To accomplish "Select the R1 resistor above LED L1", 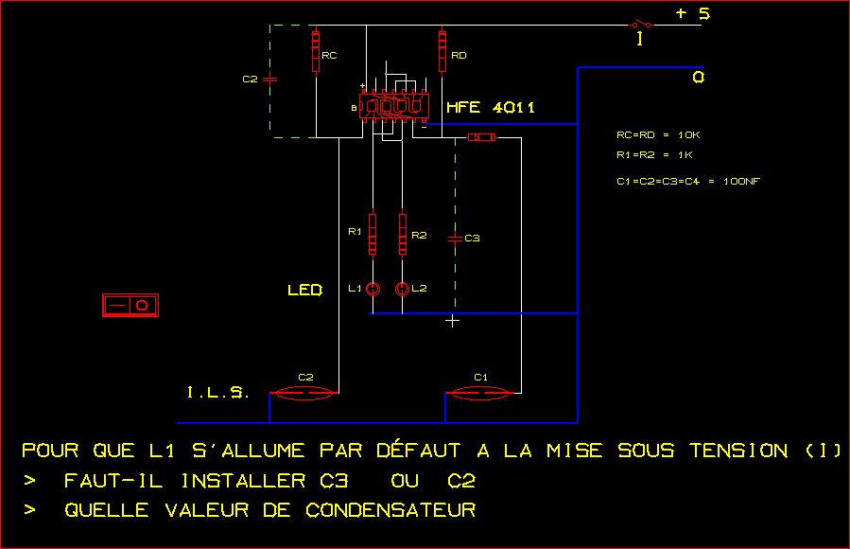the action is point(373,234).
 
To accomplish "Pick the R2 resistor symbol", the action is point(404,234).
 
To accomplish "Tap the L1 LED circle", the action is point(373,289).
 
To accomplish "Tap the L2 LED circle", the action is point(403,289).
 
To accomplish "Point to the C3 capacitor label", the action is point(473,238).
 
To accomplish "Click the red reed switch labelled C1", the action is point(481,391).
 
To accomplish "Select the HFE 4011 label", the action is point(491,108).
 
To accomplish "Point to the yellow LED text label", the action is point(304,290).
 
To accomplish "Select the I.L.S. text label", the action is point(216,392).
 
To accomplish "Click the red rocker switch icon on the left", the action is point(130,305).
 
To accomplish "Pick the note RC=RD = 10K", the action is point(658,135).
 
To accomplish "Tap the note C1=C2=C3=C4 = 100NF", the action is point(687,181).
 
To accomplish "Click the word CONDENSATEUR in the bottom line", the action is point(390,510).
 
